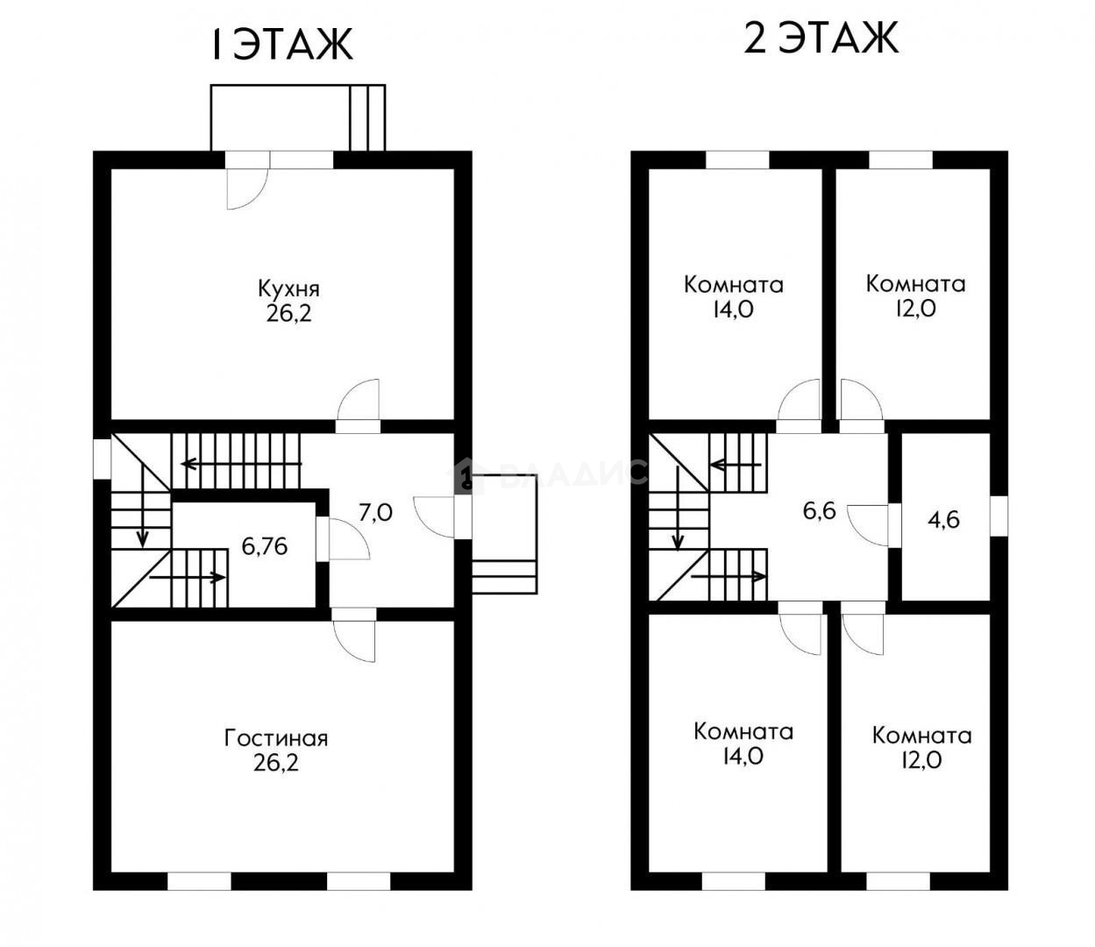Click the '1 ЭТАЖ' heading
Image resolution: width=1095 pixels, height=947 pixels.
point(281,45)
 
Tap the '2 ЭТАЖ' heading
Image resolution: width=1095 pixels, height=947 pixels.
point(821,38)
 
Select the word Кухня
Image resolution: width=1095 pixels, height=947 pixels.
point(288,290)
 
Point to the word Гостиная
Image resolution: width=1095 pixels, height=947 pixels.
point(276,739)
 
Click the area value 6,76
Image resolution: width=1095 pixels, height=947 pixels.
point(265,546)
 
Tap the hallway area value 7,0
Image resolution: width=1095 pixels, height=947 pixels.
point(375,513)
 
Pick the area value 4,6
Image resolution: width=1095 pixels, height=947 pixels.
point(943,520)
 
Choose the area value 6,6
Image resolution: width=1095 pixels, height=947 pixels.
point(819,511)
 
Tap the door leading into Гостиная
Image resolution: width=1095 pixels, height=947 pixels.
point(353,635)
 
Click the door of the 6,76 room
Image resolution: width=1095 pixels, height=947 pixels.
point(343,538)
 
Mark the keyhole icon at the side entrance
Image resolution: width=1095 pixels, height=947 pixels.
point(466,475)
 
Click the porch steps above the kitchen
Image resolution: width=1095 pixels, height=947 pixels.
point(367,117)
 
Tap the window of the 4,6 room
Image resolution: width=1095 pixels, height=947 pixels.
point(999,516)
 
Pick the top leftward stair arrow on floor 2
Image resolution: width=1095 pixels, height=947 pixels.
point(736,466)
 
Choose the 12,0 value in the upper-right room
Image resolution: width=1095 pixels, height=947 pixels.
point(915,308)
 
